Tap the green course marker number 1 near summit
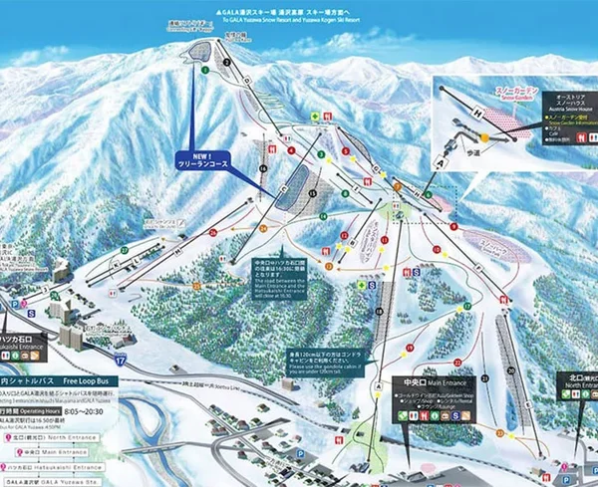[204, 71]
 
